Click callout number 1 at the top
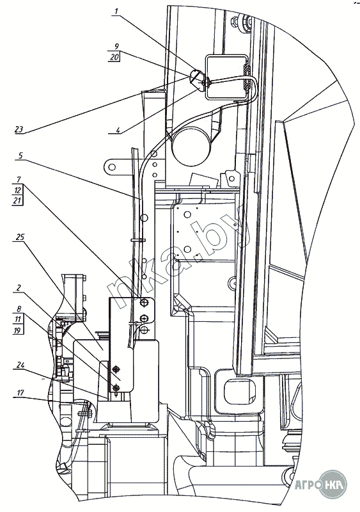116,12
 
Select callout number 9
116,46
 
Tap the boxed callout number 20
114,57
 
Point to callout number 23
19,129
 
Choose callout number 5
20,156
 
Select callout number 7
19,180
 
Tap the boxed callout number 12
18,189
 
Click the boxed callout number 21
18,200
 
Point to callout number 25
20,236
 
